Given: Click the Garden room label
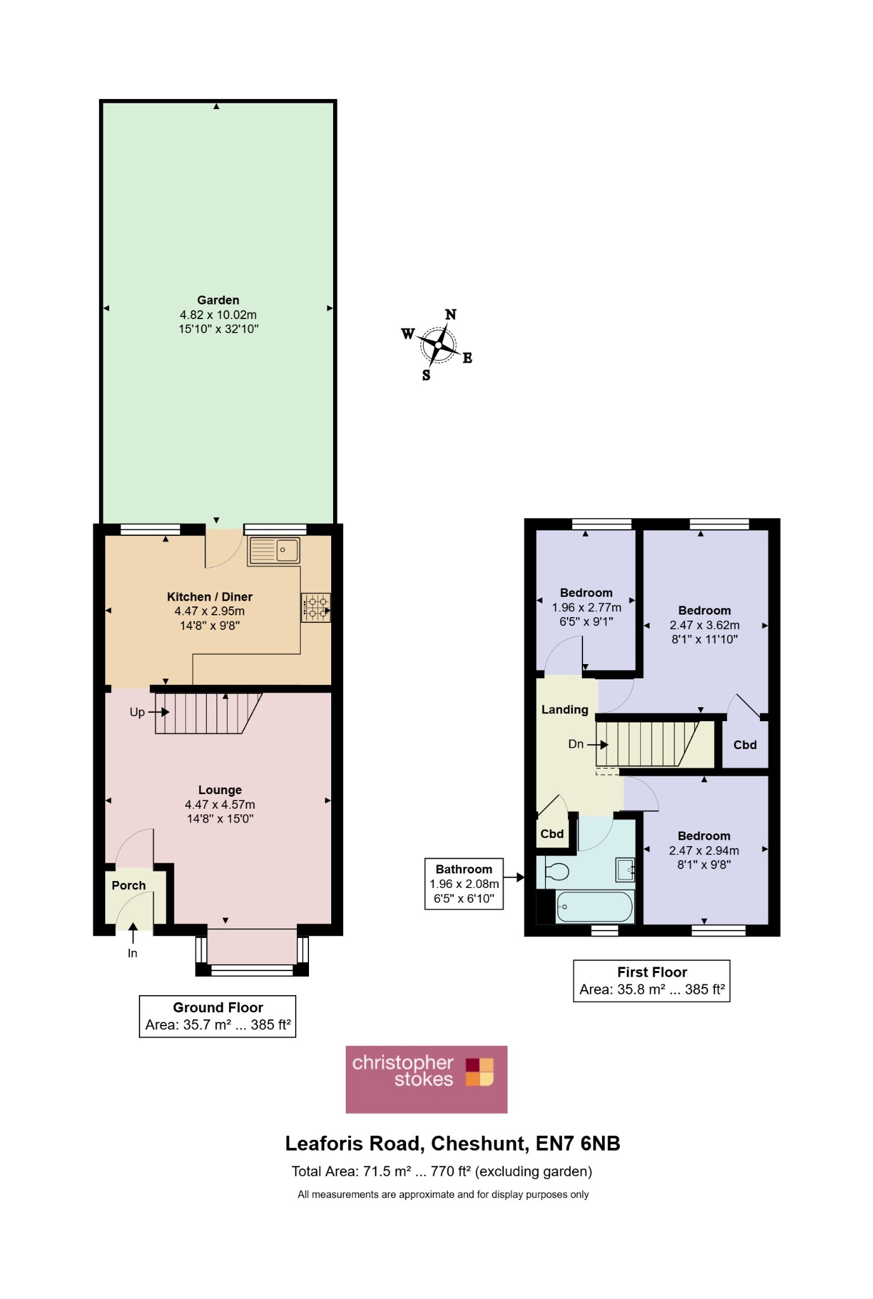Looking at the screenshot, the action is tap(218, 300).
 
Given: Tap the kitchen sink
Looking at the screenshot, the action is tap(274, 550).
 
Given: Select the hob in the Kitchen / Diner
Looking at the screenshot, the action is tap(316, 608).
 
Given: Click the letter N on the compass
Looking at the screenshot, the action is tap(450, 315).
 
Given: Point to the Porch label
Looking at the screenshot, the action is tap(129, 885).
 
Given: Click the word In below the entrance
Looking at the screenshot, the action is tap(133, 953).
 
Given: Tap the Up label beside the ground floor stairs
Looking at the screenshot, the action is tap(137, 712).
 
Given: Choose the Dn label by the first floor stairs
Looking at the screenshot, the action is tap(576, 744).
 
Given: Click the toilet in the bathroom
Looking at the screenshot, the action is tap(553, 872).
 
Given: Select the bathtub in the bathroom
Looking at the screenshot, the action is tap(594, 907).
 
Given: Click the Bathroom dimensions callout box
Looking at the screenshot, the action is tap(464, 884).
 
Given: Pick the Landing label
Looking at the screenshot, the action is tap(565, 710).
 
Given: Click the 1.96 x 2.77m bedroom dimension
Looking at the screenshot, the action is tap(586, 608).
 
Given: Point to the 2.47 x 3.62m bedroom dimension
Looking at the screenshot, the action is tap(704, 625).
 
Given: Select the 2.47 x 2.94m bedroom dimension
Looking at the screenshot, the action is tap(704, 851).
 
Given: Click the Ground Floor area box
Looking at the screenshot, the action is tap(218, 1016).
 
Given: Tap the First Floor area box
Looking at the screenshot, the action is tap(652, 981).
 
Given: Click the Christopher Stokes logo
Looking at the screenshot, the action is tap(426, 1080).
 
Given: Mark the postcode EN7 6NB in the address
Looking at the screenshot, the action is tap(578, 1144).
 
